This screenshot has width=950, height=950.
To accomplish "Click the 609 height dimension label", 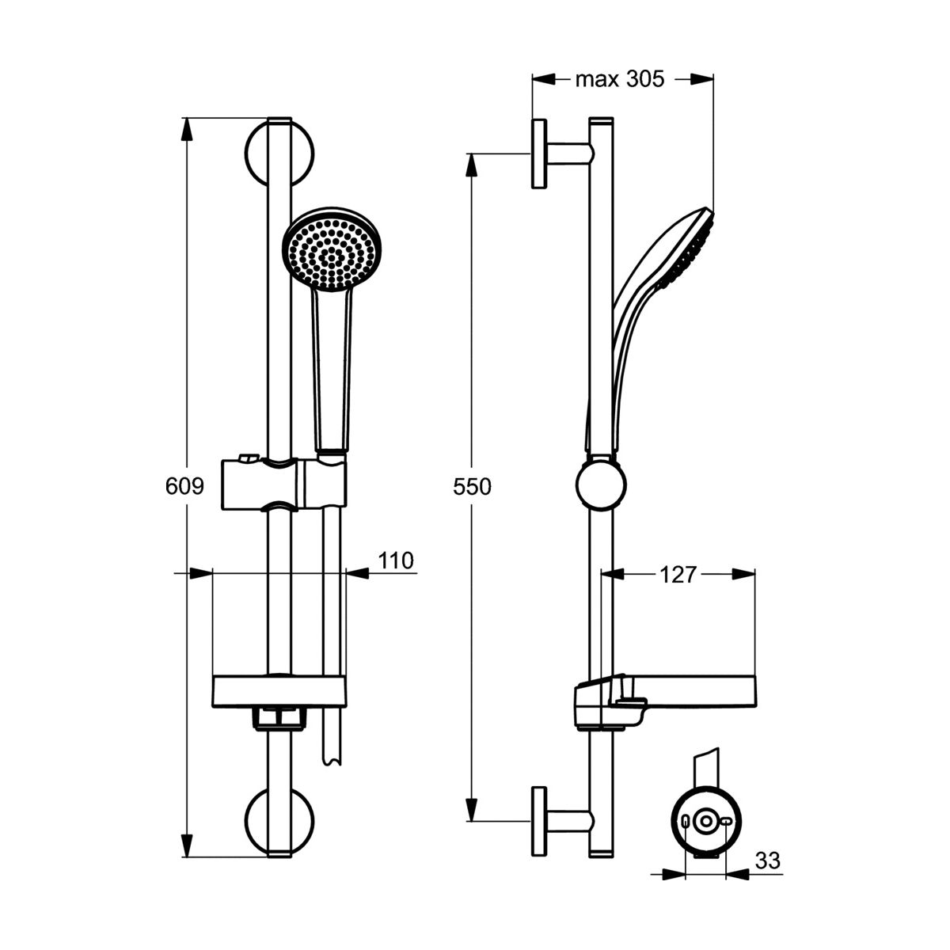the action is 184,487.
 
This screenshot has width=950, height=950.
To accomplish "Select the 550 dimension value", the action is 472,487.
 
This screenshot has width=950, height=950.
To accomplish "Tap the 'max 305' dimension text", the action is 620,79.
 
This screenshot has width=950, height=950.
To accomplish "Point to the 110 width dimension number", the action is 395,560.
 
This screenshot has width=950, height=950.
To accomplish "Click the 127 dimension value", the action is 678,574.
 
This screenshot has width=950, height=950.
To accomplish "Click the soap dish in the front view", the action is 279,692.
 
